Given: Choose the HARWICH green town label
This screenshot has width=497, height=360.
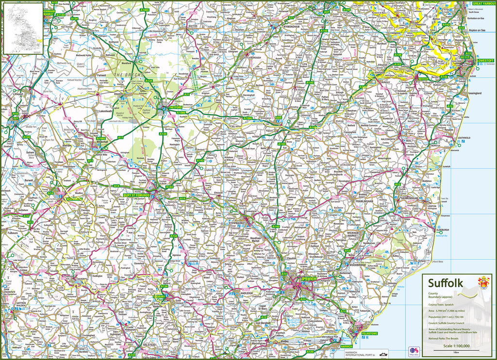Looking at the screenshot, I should tap(346, 346).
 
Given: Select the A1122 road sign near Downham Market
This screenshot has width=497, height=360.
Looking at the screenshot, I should tap(60, 15).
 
